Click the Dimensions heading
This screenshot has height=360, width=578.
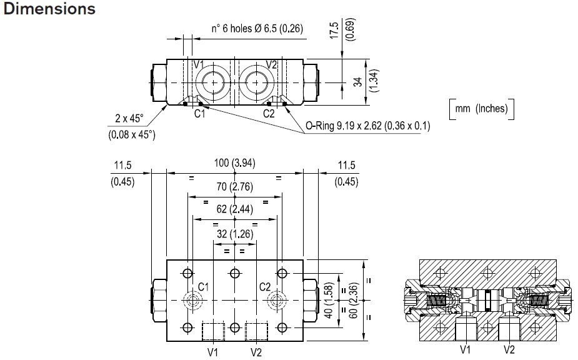(50, 9)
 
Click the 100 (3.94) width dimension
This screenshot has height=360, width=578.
(234, 164)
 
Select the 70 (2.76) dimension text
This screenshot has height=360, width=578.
(234, 186)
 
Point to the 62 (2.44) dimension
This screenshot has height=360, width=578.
(234, 209)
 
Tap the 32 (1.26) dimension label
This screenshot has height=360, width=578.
(234, 234)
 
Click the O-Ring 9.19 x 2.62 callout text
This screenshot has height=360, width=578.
(367, 126)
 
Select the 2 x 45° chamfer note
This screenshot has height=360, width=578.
(130, 117)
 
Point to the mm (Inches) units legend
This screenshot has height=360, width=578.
(481, 109)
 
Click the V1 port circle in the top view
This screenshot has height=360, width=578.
(212, 82)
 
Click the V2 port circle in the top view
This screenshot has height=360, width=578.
(257, 82)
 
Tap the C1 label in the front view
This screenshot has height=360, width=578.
(203, 287)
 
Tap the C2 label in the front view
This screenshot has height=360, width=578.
(265, 287)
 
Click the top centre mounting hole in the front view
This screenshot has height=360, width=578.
(235, 272)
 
